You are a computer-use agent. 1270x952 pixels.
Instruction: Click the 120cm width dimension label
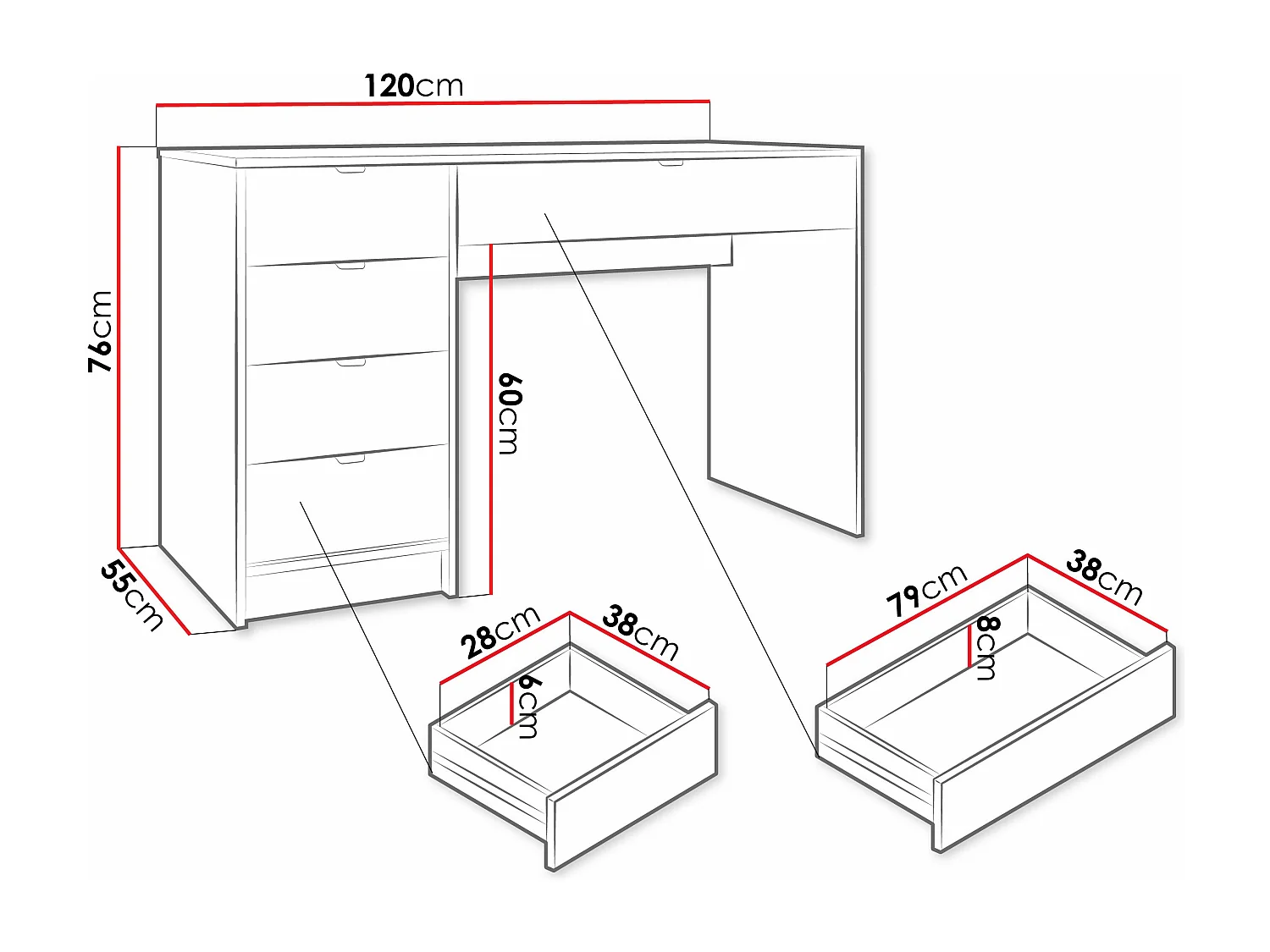click(x=414, y=85)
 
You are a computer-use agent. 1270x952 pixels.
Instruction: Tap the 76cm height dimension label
click(x=101, y=331)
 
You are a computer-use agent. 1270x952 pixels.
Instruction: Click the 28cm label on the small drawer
click(x=500, y=632)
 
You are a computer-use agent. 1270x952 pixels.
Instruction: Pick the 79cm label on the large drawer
click(x=925, y=590)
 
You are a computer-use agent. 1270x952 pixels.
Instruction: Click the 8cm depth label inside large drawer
click(x=987, y=648)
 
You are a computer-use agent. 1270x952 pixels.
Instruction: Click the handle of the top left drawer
click(x=350, y=171)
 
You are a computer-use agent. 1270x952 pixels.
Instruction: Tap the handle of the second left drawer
click(x=350, y=267)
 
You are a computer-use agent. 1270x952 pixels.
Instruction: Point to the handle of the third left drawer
click(x=351, y=363)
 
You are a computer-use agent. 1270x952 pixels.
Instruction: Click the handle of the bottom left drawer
click(x=350, y=459)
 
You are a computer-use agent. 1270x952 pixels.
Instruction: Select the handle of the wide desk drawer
click(x=671, y=162)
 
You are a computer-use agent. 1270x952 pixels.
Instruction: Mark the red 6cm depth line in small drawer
click(x=512, y=703)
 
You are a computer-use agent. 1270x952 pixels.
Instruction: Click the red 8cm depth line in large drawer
click(x=970, y=647)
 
